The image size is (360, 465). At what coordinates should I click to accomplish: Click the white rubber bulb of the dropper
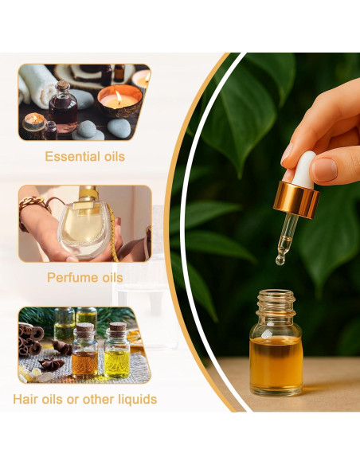pyautogui.click(x=303, y=170)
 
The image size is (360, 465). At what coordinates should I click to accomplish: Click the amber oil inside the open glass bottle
pyautogui.click(x=276, y=363)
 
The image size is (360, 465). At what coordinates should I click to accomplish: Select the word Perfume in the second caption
pyautogui.click(x=67, y=278)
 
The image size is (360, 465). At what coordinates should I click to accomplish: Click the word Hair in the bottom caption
pyautogui.click(x=25, y=399)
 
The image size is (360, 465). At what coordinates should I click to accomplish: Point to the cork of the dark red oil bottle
pyautogui.click(x=62, y=85)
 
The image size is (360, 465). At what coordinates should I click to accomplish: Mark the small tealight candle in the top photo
pyautogui.click(x=34, y=122)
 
